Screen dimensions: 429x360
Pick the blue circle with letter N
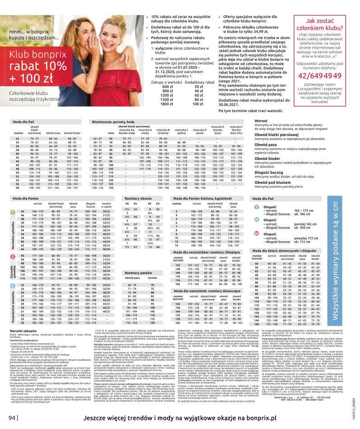256,219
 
